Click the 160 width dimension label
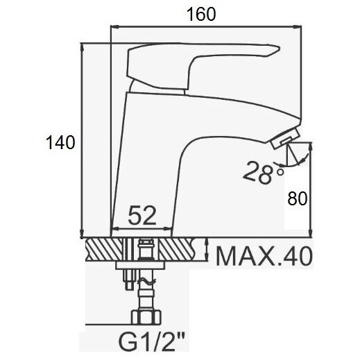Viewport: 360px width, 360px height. [200, 15]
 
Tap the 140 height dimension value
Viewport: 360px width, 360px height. [60, 142]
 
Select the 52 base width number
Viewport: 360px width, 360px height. [142, 216]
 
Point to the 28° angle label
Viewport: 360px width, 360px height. [263, 173]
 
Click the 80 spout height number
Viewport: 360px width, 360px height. [298, 198]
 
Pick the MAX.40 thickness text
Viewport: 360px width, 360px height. [264, 256]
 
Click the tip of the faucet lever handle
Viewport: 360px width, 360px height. [280, 49]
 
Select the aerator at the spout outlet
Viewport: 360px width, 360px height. [285, 139]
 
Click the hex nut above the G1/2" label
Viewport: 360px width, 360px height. [146, 317]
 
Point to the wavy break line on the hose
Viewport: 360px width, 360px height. [146, 281]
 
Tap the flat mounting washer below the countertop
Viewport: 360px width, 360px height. [141, 266]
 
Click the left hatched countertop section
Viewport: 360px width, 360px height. [105, 250]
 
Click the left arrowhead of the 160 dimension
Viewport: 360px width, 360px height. [115, 27]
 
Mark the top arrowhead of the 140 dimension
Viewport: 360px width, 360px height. [82, 48]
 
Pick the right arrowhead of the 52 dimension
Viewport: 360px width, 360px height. [167, 229]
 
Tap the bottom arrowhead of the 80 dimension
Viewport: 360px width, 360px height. [311, 233]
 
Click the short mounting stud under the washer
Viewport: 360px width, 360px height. [129, 280]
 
